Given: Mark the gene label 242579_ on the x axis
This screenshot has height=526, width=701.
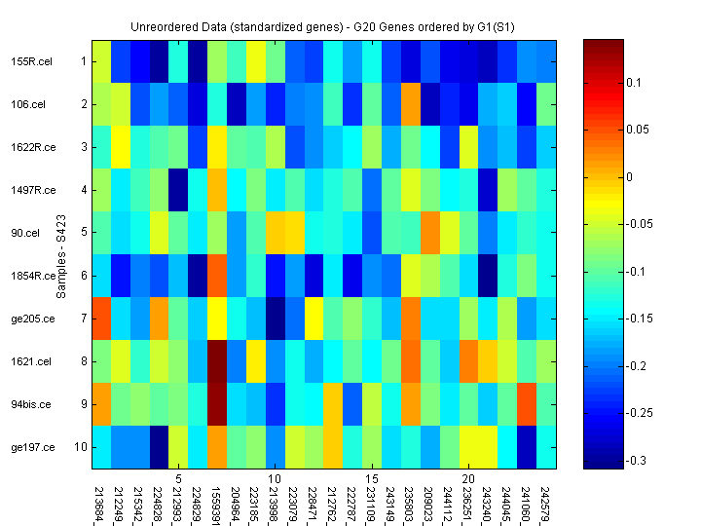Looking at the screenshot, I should pyautogui.click(x=546, y=503).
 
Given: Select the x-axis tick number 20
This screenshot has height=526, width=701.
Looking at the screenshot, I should pyautogui.click(x=467, y=480).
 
